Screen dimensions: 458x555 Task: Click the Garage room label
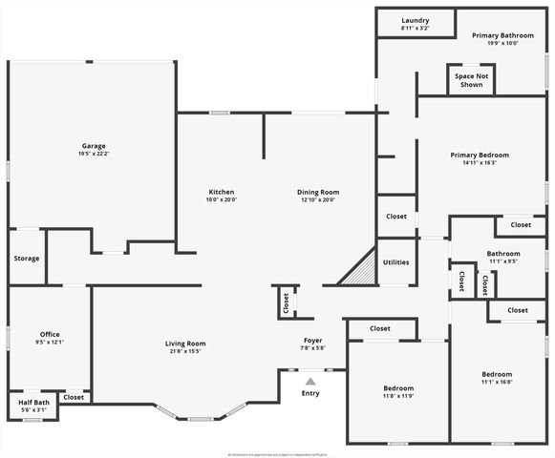pos(93,146)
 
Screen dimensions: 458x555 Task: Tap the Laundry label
pos(415,20)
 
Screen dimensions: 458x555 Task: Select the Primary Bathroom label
pos(502,35)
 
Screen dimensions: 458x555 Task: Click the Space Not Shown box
pos(471,80)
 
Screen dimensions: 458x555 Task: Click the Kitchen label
pos(221,192)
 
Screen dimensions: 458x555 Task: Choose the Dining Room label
pos(318,192)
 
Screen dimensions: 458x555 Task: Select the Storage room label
pos(26,259)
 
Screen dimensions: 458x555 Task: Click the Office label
pos(50,334)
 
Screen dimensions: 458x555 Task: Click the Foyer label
pos(313,341)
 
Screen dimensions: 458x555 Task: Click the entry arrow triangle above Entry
pos(310,381)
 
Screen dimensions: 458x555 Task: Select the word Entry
pos(310,393)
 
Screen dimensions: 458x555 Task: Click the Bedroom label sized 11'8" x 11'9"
pos(398,388)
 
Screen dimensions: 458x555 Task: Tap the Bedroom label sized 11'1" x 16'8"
pos(497,374)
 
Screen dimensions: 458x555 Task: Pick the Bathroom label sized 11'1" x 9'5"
pos(502,254)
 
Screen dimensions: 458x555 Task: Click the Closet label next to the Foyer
pos(286,302)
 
